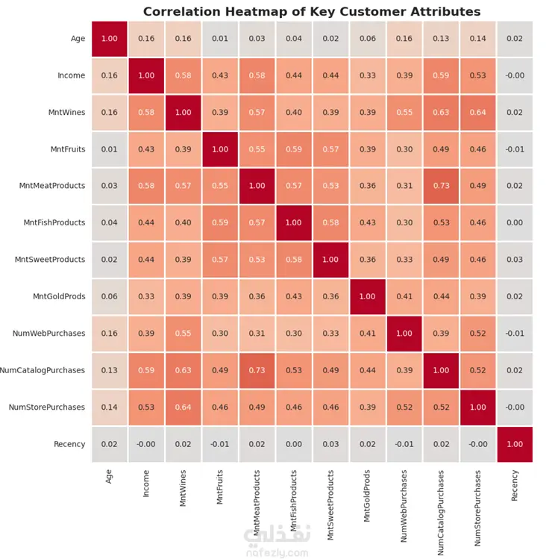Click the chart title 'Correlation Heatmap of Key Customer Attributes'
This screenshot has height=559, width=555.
pyautogui.click(x=312, y=12)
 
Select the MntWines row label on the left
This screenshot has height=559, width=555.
pyautogui.click(x=65, y=112)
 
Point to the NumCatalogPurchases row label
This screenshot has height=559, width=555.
pyautogui.click(x=42, y=370)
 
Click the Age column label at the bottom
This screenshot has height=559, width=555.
pyautogui.click(x=109, y=475)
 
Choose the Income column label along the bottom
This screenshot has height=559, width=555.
pyautogui.click(x=146, y=482)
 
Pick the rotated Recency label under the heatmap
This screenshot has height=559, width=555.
pyautogui.click(x=515, y=484)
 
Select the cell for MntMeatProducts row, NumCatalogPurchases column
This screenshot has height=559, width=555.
pyautogui.click(x=441, y=186)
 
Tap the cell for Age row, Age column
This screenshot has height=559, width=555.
pyautogui.click(x=109, y=38)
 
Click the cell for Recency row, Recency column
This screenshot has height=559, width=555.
pyautogui.click(x=515, y=444)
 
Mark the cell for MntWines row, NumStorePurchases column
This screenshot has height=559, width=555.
pyautogui.click(x=478, y=112)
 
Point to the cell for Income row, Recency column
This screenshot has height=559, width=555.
pyautogui.click(x=515, y=75)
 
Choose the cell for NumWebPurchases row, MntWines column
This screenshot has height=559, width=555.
pyautogui.click(x=183, y=334)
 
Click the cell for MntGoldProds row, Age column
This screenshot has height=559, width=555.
pyautogui.click(x=109, y=296)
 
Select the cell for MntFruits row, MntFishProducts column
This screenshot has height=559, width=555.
pyautogui.click(x=293, y=149)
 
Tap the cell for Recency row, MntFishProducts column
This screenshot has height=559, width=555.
pyautogui.click(x=293, y=444)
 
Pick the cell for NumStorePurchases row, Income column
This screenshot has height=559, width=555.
pyautogui.click(x=146, y=407)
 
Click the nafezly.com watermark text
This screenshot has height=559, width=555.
pyautogui.click(x=275, y=553)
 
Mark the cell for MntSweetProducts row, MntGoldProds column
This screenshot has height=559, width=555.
pyautogui.click(x=367, y=260)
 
